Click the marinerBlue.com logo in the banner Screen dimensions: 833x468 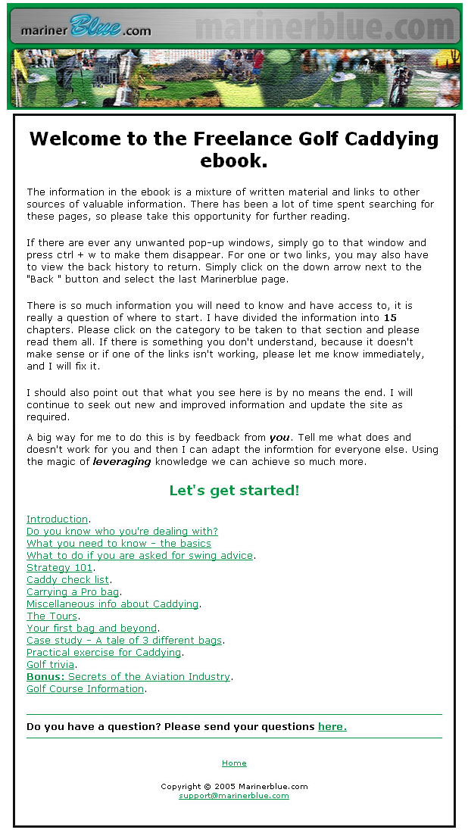pos(86,28)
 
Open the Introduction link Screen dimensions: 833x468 pos(57,519)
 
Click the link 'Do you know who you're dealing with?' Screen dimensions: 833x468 pos(122,532)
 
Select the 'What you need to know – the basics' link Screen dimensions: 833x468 pos(119,544)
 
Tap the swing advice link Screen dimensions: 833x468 pos(139,556)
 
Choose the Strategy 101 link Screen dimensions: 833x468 pos(59,568)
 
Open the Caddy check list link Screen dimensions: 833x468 pos(67,580)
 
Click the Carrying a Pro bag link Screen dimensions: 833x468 pos(73,592)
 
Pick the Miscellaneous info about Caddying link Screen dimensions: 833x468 pos(112,604)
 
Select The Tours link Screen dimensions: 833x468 pos(52,616)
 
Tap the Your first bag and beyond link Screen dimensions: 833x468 pos(92,629)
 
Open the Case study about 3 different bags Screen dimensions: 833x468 pos(124,641)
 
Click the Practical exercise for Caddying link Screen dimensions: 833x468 pos(104,653)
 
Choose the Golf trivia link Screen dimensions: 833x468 pos(51,665)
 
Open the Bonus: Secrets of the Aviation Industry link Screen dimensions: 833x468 pos(128,677)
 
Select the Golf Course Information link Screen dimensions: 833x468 pos(85,689)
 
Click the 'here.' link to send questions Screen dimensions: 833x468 pos(332,727)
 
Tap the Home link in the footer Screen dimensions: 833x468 pos(234,763)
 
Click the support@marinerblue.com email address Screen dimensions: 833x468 pos(234,796)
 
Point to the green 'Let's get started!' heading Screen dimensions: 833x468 pos(234,491)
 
